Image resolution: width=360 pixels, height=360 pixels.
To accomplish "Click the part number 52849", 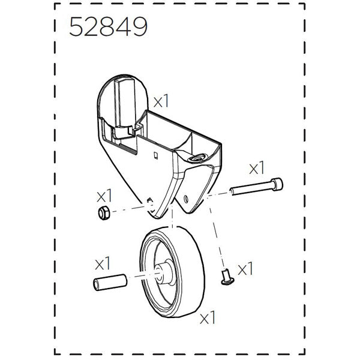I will click(x=108, y=28).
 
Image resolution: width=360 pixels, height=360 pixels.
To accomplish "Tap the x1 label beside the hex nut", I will click(x=105, y=195).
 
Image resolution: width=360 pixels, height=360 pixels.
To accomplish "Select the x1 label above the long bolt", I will click(x=256, y=165).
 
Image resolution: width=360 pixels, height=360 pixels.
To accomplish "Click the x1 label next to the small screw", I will click(x=246, y=269).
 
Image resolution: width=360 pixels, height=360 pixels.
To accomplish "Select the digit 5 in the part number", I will click(x=77, y=28).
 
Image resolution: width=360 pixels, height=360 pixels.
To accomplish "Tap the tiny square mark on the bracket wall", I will click(x=155, y=155).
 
